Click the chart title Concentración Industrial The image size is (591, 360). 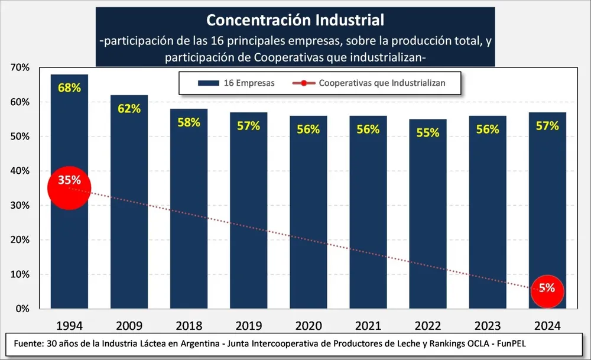pos(295,20)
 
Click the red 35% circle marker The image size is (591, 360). pos(69,189)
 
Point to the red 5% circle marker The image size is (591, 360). pos(547,289)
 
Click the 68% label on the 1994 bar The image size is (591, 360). pos(69,88)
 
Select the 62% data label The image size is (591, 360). pos(129,109)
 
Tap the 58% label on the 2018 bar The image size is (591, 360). pos(189,122)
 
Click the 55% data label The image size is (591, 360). pos(427,133)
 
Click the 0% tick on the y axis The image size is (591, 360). pos(22,309)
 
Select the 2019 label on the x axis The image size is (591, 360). pos(248,326)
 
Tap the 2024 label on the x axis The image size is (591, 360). pos(547,326)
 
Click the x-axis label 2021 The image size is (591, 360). pos(368,326)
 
